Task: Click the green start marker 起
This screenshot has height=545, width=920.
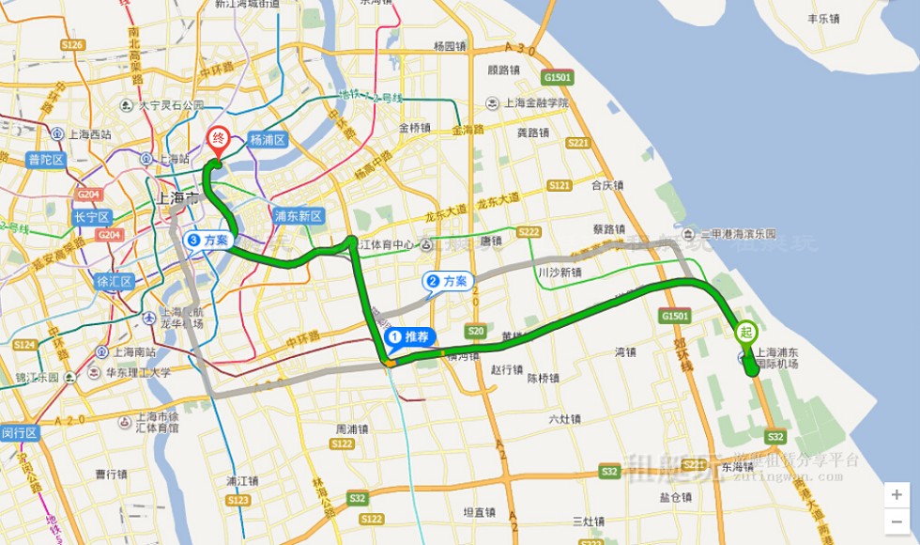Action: (x=745, y=332)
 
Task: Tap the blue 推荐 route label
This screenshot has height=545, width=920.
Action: (x=411, y=335)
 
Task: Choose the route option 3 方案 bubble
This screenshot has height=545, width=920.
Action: (x=208, y=240)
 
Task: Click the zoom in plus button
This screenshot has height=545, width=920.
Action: (x=897, y=495)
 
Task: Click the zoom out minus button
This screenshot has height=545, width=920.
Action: (x=897, y=520)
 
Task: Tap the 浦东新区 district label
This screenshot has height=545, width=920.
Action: (x=298, y=216)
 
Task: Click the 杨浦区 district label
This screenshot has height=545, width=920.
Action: (x=267, y=139)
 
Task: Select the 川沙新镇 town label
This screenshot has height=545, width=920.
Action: (x=560, y=272)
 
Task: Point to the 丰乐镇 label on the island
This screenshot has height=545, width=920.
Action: (x=824, y=18)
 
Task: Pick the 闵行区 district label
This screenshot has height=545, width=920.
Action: (x=18, y=432)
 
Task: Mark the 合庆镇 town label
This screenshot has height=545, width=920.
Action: (x=607, y=185)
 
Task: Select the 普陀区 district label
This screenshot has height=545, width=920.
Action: (x=45, y=159)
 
